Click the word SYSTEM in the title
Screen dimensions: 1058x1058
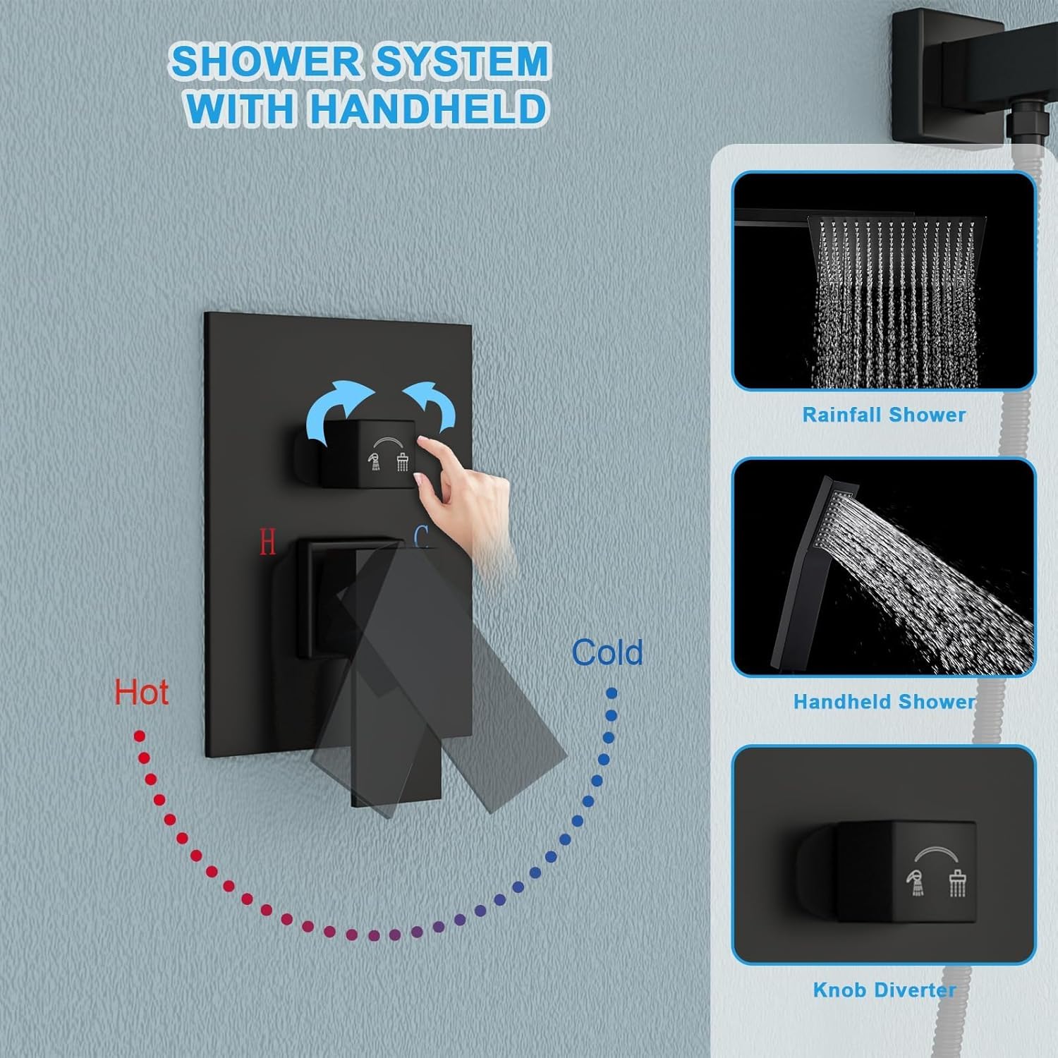point(461,61)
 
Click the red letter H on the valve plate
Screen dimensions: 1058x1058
point(267,542)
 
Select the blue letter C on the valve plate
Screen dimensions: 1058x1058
point(422,538)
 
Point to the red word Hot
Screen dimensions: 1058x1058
point(141,693)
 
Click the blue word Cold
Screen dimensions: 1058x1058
point(607,652)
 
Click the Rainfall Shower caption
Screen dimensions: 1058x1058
point(884,415)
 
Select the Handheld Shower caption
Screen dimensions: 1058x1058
point(884,702)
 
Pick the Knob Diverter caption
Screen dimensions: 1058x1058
point(884,990)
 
